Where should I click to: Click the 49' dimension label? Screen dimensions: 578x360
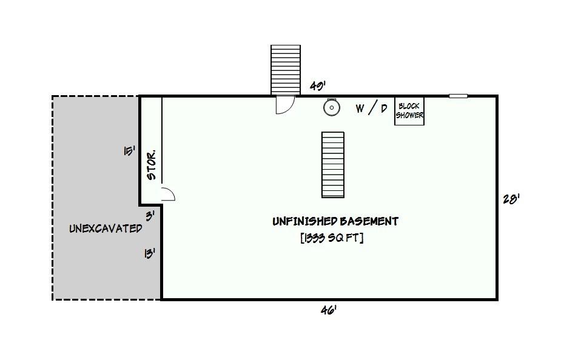tap(317, 86)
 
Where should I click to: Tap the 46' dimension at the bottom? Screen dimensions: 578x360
tap(329, 311)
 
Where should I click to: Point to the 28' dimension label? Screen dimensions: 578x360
tap(511, 199)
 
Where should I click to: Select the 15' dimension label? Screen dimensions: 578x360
tap(129, 151)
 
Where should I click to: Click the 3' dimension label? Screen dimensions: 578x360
tap(150, 216)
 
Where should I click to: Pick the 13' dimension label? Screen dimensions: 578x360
tap(149, 253)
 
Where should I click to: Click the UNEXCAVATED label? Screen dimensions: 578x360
tap(106, 228)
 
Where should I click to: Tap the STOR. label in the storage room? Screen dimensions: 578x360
tap(152, 165)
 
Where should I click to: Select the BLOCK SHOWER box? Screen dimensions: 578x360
tap(409, 111)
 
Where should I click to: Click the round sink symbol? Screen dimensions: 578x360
tap(332, 107)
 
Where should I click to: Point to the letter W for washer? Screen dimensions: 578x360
tap(360, 108)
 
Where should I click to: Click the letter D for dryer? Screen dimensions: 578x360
tap(384, 108)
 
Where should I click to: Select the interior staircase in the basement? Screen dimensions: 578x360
tap(333, 165)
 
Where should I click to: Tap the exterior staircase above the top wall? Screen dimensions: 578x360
tap(286, 70)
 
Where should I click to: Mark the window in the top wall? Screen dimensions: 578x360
tap(458, 96)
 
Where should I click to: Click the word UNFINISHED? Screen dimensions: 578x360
tap(304, 221)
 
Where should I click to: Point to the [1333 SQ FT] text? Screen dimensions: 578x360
tap(332, 238)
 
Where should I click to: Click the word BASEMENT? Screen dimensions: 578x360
tap(369, 221)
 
